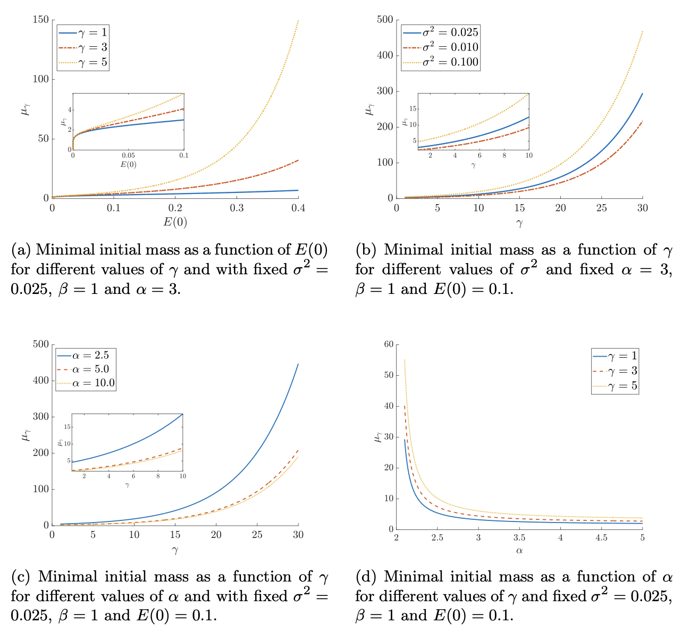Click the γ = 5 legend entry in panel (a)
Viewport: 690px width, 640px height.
click(x=83, y=62)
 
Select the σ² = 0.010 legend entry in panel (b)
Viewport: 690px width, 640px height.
click(x=441, y=47)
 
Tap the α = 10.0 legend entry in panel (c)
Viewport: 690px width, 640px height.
click(x=86, y=383)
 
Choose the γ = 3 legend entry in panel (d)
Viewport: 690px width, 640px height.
click(x=615, y=370)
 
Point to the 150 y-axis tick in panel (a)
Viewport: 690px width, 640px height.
click(x=40, y=20)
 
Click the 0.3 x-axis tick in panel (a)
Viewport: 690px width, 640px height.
click(x=237, y=208)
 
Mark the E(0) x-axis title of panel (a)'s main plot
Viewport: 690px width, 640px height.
click(x=175, y=222)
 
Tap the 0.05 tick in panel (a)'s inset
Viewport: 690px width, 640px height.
click(x=128, y=155)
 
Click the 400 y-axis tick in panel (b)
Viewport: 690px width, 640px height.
click(x=385, y=55)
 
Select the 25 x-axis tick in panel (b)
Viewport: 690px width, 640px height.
click(x=601, y=208)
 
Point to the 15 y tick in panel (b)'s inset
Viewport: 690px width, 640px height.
click(x=413, y=109)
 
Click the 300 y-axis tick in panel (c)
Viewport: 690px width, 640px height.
click(x=40, y=417)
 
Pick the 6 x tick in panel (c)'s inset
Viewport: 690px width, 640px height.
click(x=133, y=476)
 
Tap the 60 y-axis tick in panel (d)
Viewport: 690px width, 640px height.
click(x=389, y=344)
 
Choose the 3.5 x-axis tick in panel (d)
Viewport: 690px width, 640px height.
click(x=519, y=537)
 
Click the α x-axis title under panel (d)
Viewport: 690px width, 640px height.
click(x=519, y=551)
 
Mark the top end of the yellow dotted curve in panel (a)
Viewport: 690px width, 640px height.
click(x=298, y=21)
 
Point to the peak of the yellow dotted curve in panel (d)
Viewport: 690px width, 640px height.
click(x=405, y=360)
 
